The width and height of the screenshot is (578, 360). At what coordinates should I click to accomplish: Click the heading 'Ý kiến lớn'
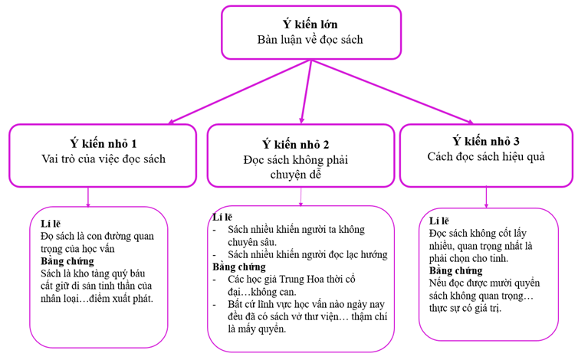310,24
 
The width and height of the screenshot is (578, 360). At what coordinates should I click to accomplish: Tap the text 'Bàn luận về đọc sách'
310,39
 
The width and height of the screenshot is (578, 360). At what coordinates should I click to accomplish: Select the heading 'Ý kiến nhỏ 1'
103,143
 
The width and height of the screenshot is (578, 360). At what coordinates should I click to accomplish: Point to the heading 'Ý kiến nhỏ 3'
485,141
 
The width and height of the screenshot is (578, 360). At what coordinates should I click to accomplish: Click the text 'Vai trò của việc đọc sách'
103,159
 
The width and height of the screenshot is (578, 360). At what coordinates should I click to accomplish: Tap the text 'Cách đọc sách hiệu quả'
485,156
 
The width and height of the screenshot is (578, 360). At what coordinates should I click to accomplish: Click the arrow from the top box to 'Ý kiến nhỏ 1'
238,92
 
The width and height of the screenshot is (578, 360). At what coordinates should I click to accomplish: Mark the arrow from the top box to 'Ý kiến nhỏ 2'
306,92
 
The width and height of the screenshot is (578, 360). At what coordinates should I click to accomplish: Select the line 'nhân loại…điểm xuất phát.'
97,298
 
